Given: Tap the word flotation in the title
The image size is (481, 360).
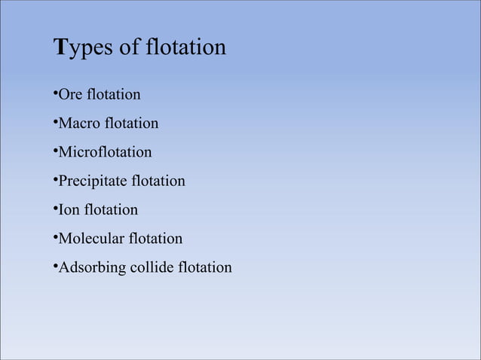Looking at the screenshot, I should point(186,47).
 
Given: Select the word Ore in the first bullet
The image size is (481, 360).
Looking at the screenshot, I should point(71,95).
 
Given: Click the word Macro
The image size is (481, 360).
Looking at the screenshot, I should point(80,124).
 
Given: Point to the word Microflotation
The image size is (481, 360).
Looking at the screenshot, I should point(105,152).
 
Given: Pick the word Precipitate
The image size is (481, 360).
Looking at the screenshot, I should point(93,182).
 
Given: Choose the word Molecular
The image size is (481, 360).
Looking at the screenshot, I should point(90,239).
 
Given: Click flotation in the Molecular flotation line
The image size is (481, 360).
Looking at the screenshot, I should point(155,239).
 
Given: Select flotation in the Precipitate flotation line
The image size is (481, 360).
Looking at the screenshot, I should point(158,182).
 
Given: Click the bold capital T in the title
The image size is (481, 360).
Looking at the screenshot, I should point(63,47).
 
